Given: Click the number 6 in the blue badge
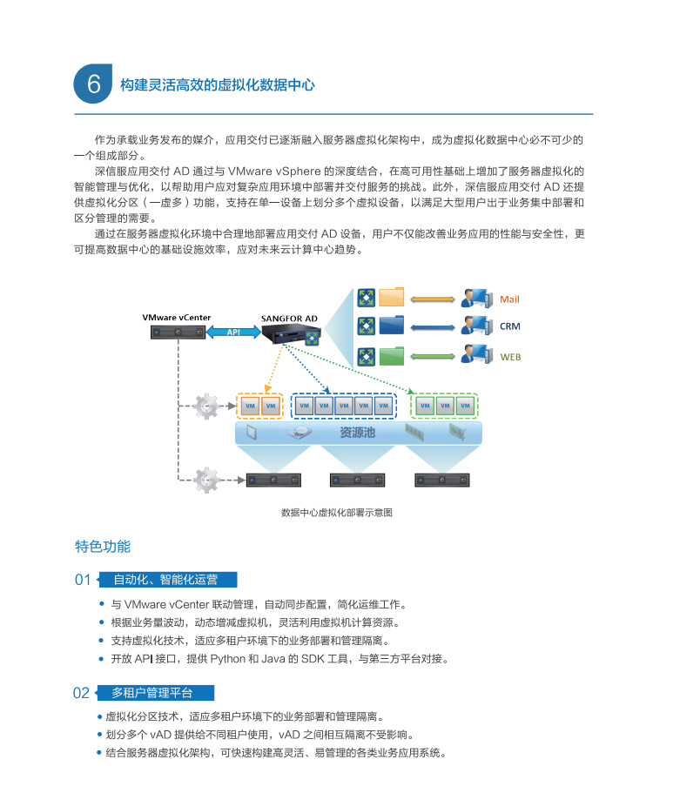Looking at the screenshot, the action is [x=94, y=84].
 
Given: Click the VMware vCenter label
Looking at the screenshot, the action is [x=176, y=318].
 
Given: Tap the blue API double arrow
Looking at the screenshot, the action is [x=233, y=333].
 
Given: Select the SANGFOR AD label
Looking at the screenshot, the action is [x=289, y=319].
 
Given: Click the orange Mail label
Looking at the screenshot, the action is [x=509, y=299].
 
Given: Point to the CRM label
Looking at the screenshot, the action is [x=510, y=326].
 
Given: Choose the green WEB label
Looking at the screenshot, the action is [x=510, y=357].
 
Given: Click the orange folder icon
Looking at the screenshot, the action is [x=391, y=297].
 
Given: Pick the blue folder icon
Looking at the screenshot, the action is [x=391, y=326].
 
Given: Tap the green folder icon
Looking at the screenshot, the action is [x=391, y=356].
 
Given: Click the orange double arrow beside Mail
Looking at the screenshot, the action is [x=433, y=300].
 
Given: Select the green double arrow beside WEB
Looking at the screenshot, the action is [x=433, y=357].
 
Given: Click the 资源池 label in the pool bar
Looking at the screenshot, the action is [x=357, y=433].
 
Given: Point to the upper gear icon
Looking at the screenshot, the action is [x=206, y=407].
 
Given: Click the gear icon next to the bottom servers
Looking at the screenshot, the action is [x=206, y=480].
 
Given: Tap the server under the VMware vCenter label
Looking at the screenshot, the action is [x=178, y=333].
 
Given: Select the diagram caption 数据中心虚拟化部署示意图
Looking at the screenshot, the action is [x=336, y=513].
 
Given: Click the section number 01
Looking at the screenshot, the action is [x=83, y=580].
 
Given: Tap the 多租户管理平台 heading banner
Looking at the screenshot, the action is [x=157, y=693].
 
